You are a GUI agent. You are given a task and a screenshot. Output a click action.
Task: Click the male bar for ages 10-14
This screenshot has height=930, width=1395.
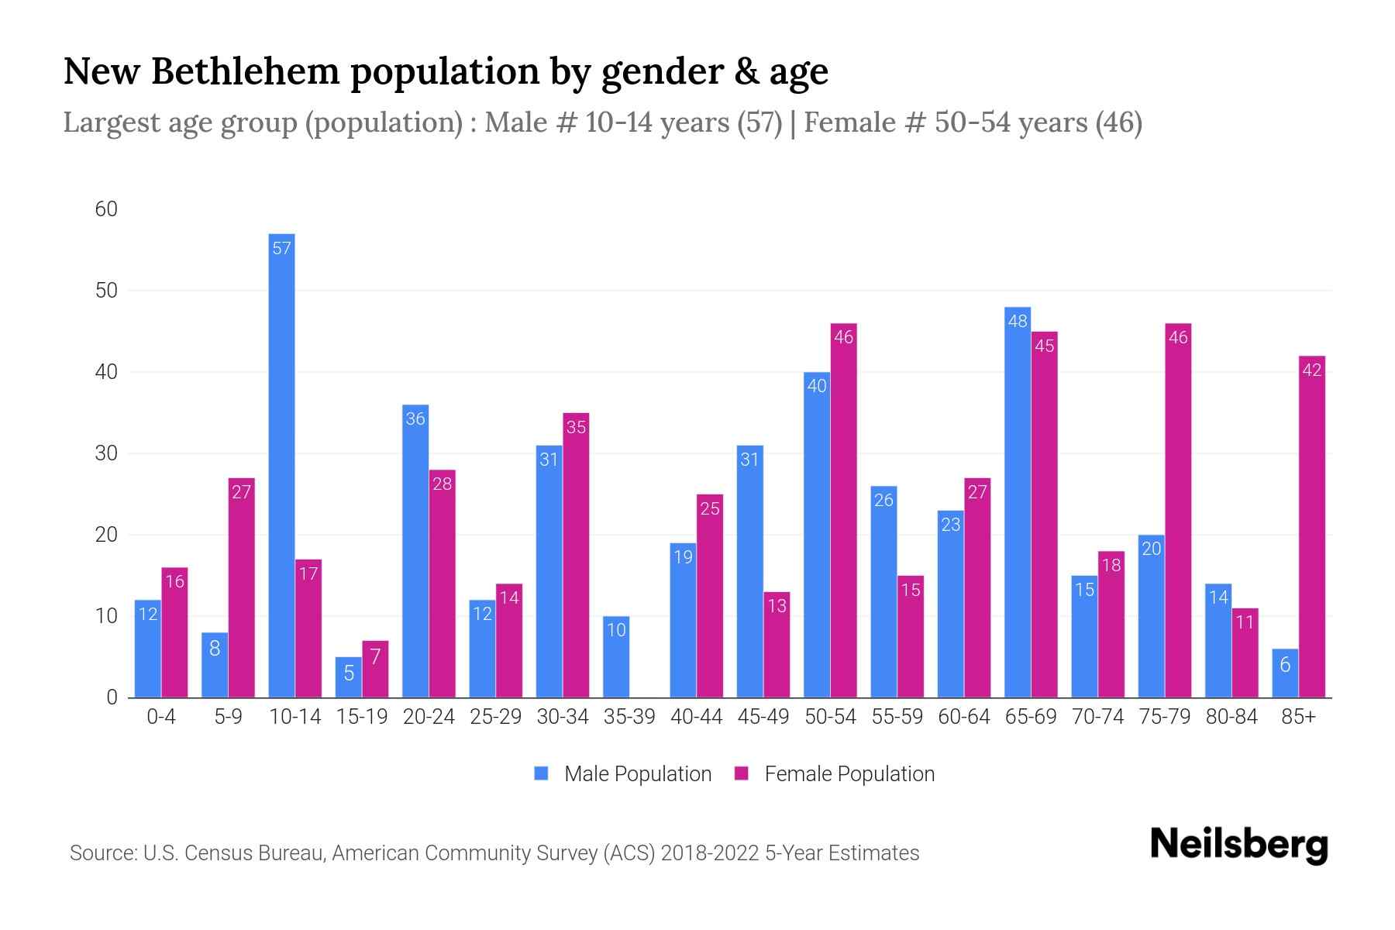[281, 465]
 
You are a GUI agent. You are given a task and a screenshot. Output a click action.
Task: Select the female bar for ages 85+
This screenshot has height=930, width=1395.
[1311, 527]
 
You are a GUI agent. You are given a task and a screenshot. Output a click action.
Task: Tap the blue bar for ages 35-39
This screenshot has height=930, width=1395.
[616, 657]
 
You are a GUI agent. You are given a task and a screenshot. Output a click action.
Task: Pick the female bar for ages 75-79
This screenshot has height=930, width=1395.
[1177, 511]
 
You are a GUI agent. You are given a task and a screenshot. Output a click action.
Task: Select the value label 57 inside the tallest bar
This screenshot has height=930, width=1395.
[282, 248]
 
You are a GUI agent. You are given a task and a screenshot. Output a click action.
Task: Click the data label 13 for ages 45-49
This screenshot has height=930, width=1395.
[777, 606]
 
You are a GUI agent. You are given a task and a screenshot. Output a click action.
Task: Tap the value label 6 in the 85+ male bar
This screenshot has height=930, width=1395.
[1285, 664]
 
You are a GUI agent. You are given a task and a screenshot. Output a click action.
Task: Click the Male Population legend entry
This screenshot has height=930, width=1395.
[623, 773]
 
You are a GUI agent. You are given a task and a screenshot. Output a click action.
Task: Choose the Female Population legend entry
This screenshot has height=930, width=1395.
[835, 773]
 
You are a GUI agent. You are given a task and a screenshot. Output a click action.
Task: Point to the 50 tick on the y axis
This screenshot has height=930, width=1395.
[106, 291]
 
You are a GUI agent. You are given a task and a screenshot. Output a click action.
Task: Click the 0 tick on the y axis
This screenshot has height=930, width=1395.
[112, 697]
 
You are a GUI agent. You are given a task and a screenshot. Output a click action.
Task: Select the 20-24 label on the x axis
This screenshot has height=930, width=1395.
[429, 717]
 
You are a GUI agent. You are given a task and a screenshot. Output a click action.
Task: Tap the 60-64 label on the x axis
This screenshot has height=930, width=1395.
[963, 717]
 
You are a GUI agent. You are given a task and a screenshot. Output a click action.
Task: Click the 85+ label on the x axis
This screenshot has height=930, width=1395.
[1298, 717]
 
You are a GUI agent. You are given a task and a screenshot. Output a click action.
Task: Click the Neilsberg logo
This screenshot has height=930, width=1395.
[1238, 845]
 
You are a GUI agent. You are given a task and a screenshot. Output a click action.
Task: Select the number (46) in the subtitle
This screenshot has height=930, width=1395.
[1118, 122]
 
